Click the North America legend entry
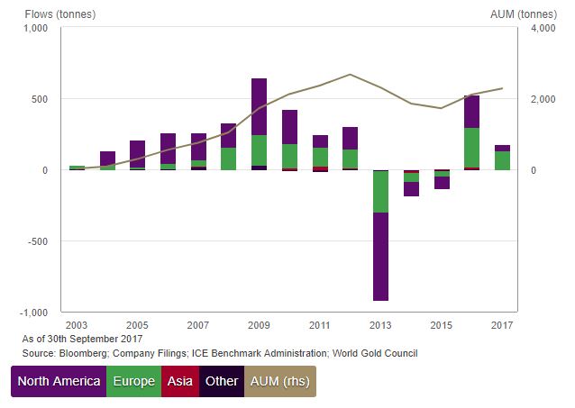pyautogui.click(x=59, y=381)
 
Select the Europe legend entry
pyautogui.click(x=133, y=381)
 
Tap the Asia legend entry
pyautogui.click(x=178, y=381)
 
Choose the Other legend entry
pyautogui.click(x=221, y=381)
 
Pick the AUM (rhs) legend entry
pyautogui.click(x=279, y=381)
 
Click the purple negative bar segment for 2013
pyautogui.click(x=380, y=257)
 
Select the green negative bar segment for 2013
pyautogui.click(x=380, y=192)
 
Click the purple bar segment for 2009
pyautogui.click(x=259, y=106)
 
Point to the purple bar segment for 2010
pyautogui.click(x=289, y=127)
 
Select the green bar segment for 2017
pyautogui.click(x=502, y=160)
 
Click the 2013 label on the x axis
pyautogui.click(x=380, y=324)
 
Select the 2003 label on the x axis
pyautogui.click(x=77, y=324)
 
